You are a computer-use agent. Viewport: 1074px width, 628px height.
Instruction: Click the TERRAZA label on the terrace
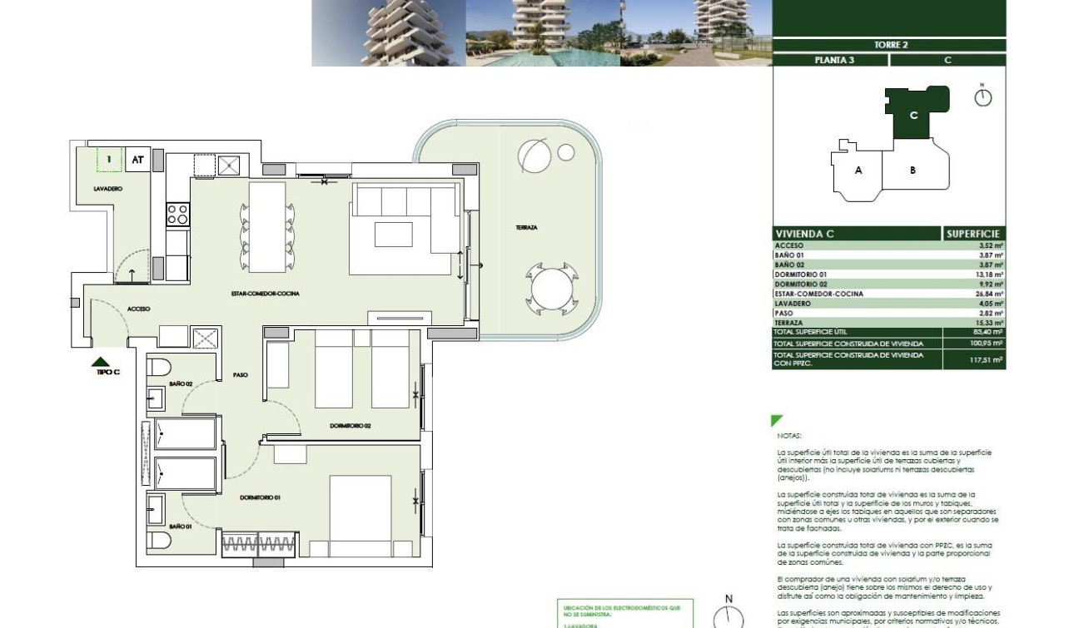tap(525, 227)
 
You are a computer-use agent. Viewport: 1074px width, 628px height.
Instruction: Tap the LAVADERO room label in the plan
tap(108, 189)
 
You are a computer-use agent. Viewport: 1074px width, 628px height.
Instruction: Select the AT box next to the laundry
tap(138, 159)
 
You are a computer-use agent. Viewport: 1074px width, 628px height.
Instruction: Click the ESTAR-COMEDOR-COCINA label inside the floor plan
tap(265, 294)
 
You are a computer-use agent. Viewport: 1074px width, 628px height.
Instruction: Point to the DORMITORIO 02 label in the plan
tap(350, 425)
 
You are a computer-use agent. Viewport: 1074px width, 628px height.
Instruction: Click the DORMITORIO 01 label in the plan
tap(260, 497)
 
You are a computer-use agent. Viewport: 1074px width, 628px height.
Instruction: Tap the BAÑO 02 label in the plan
tap(181, 383)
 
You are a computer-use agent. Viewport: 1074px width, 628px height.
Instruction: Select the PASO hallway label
tap(241, 375)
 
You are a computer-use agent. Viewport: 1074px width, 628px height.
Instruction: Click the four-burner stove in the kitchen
tap(177, 214)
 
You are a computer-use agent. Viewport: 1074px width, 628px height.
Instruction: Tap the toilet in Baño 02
tap(159, 367)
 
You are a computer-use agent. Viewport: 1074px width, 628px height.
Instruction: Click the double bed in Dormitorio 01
tap(360, 516)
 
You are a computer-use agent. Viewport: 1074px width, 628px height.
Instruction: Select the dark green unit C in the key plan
tap(914, 115)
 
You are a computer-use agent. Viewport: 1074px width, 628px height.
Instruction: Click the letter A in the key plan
tap(858, 171)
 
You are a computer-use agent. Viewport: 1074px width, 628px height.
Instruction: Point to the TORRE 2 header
tap(890, 45)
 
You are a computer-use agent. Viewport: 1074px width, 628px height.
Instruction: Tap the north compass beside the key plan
tap(983, 96)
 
